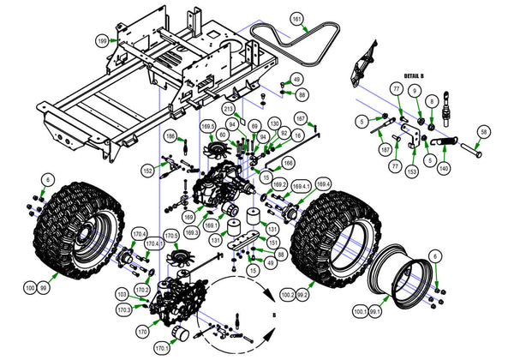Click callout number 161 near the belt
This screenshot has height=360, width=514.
pyautogui.click(x=296, y=19)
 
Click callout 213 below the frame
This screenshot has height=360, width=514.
pyautogui.click(x=229, y=110)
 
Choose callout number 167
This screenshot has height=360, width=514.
pyautogui.click(x=301, y=117)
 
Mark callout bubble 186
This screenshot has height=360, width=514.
pyautogui.click(x=170, y=136)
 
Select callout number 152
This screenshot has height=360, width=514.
pyautogui.click(x=147, y=171)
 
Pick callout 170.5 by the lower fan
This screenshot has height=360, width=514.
pyautogui.click(x=170, y=235)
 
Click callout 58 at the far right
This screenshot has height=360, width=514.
pyautogui.click(x=484, y=131)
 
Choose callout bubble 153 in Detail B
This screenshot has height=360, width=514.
pyautogui.click(x=411, y=171)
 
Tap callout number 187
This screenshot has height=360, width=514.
pyautogui.click(x=375, y=149)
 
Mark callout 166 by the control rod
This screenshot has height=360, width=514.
pyautogui.click(x=289, y=161)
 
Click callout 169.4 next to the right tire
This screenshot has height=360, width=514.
pyautogui.click(x=322, y=184)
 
